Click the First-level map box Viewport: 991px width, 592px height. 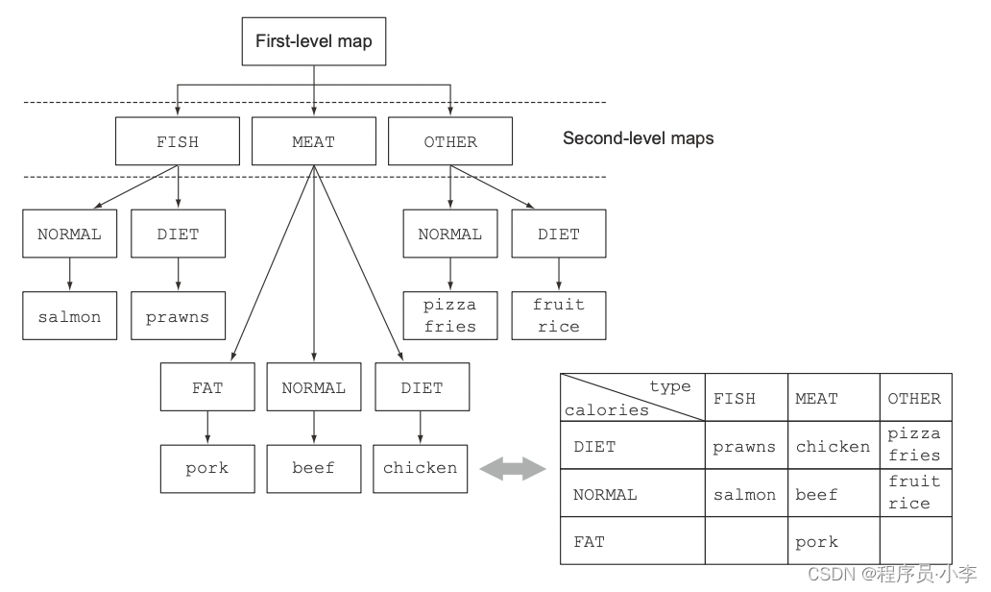[x=314, y=42]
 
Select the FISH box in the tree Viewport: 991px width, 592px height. [x=178, y=141]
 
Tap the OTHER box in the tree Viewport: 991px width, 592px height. [x=450, y=141]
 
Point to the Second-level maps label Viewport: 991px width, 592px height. [x=638, y=138]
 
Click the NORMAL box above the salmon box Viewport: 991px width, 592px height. [x=69, y=234]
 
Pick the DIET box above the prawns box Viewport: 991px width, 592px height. [x=178, y=234]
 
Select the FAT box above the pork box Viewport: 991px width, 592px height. [x=206, y=387]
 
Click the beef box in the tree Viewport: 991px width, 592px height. [x=314, y=468]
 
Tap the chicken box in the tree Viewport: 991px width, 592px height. [x=421, y=468]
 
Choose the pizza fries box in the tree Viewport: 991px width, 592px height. [x=450, y=316]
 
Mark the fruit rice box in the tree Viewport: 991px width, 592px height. [x=559, y=316]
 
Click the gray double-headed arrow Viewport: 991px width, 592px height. [x=512, y=470]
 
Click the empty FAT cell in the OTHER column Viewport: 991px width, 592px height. [x=915, y=541]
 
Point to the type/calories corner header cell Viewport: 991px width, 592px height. [x=632, y=398]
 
